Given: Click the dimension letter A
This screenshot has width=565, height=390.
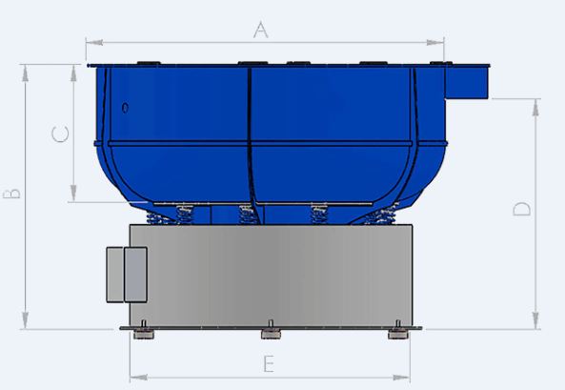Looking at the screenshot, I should point(260,30).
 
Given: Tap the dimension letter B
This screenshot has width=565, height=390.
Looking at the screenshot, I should point(11,195).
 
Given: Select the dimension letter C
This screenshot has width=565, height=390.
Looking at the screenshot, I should point(59,134).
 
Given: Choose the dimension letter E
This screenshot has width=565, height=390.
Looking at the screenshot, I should point(269,363).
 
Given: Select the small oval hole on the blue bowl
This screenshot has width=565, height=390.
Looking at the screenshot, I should point(126,107).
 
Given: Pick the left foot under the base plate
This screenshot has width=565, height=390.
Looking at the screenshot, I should point(143,334).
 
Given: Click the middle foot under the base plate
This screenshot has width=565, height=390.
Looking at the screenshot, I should point(271,334).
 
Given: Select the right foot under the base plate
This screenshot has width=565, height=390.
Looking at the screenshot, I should point(396,334).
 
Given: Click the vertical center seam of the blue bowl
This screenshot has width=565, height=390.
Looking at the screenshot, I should point(251,133).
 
